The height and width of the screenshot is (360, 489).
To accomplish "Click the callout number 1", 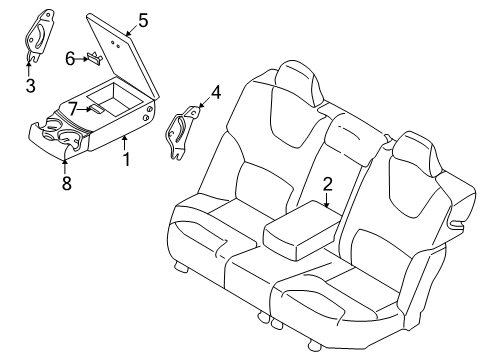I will click(x=125, y=159).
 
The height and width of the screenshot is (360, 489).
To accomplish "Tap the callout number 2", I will click(x=327, y=184).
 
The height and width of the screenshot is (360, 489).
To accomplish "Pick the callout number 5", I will click(x=143, y=19).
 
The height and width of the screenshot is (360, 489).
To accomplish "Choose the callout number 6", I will click(x=70, y=59).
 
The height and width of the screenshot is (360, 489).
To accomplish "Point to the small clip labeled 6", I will click(x=93, y=58).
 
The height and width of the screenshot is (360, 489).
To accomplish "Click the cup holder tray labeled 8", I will click(x=60, y=135).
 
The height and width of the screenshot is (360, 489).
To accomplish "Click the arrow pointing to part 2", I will click(x=327, y=200).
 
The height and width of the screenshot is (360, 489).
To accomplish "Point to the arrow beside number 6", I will click(x=81, y=59).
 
